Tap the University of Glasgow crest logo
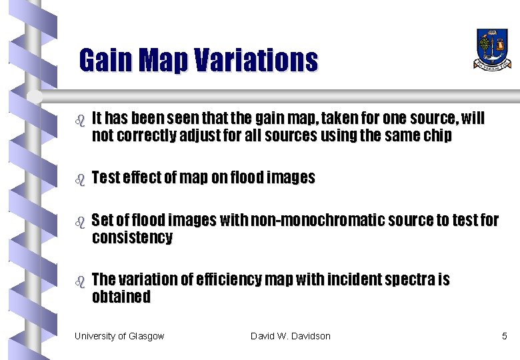coord(493,48)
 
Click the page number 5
coord(504,336)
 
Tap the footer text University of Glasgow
coord(119,336)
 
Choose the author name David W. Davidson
coord(291,336)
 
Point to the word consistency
coord(132,238)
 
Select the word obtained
coord(121,297)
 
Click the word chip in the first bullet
coord(438,136)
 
